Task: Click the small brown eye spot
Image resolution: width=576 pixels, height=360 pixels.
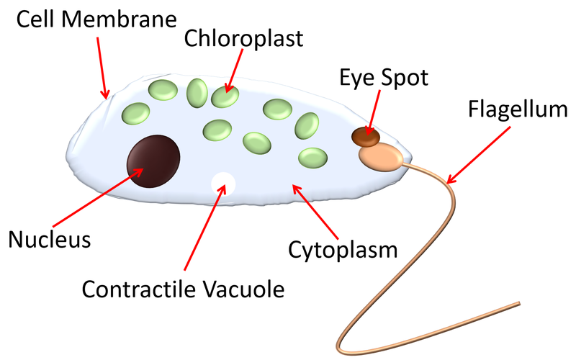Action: tap(365, 134)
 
